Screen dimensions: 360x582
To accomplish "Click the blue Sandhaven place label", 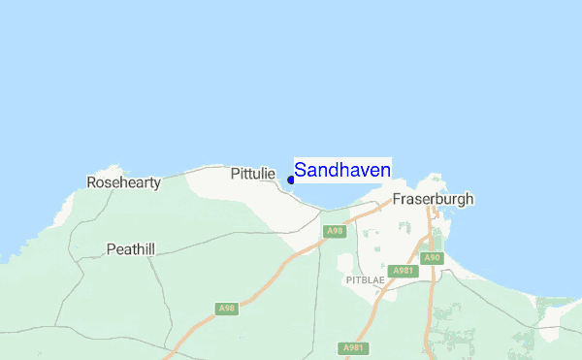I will click(x=342, y=170).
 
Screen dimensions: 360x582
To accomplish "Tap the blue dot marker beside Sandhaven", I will click(x=291, y=180).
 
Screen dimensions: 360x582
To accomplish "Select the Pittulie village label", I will click(x=253, y=174).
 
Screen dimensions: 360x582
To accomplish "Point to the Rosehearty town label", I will click(x=123, y=181).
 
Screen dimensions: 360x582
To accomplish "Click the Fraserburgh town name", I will click(x=433, y=199).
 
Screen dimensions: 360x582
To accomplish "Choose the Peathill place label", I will click(x=130, y=249).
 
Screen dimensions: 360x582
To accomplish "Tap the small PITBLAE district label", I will click(x=364, y=279).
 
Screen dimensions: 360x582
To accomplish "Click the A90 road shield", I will click(x=432, y=257).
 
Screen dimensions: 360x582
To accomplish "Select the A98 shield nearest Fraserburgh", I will click(x=335, y=231).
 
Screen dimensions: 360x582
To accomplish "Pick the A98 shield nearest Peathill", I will click(x=227, y=309).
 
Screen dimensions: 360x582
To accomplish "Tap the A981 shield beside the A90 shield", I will click(x=403, y=270).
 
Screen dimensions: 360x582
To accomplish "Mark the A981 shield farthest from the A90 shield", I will click(x=353, y=347).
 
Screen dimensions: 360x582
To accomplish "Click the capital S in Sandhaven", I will click(x=301, y=170).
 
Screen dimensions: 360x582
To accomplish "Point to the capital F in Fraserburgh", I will click(x=397, y=199).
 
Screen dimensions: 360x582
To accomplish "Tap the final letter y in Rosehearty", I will click(x=156, y=183).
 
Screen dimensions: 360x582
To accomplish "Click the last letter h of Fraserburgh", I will click(x=469, y=199).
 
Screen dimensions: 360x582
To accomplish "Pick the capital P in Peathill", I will click(x=111, y=249).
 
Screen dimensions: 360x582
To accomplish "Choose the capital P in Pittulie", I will click(x=235, y=174).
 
